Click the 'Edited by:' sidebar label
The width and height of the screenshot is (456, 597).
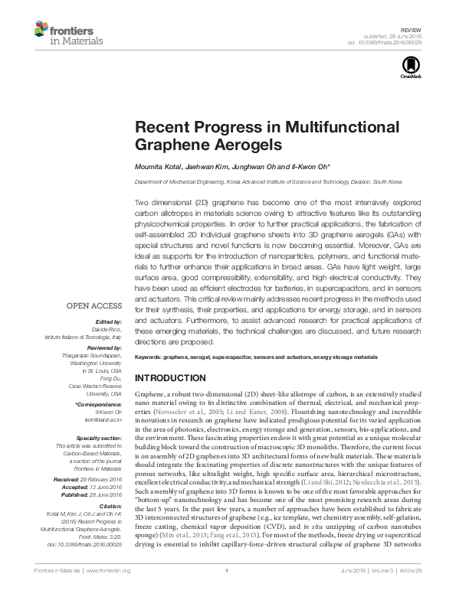click(107, 322)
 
